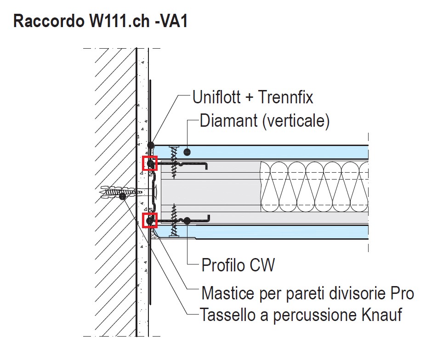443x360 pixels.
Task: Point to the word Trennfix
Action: [285, 97]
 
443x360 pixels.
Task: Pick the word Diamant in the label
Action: [224, 121]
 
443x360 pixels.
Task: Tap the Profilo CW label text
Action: [238, 265]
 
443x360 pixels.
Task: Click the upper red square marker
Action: [150, 163]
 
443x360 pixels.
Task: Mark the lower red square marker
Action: [150, 220]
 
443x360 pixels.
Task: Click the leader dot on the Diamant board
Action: [187, 151]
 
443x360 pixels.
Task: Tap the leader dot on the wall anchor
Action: [122, 197]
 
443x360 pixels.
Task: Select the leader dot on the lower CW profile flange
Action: [187, 221]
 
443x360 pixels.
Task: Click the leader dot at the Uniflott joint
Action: [150, 145]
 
